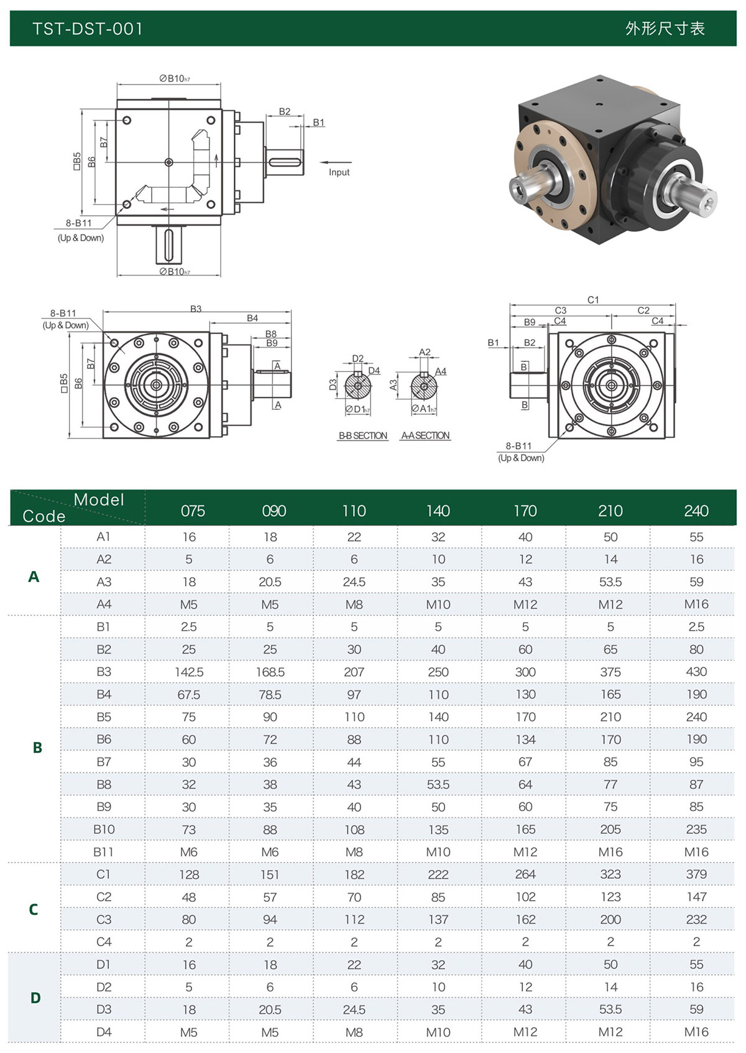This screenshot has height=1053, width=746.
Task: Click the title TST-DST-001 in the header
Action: pyautogui.click(x=88, y=29)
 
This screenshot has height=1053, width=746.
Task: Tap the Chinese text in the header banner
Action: pyautogui.click(x=665, y=29)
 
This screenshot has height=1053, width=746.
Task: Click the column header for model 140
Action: pyautogui.click(x=438, y=511)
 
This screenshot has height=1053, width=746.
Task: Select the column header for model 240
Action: pyautogui.click(x=696, y=511)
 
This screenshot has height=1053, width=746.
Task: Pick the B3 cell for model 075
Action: pyautogui.click(x=189, y=672)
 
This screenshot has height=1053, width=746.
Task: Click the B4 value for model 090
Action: pyautogui.click(x=270, y=694)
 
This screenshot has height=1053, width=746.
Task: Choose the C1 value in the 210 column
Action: pyautogui.click(x=610, y=874)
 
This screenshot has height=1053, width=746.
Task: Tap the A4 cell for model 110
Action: pyautogui.click(x=354, y=604)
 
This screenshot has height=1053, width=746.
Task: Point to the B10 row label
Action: pyautogui.click(x=104, y=829)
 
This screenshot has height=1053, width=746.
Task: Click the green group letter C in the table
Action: pyautogui.click(x=34, y=909)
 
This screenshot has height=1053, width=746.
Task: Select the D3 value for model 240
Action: pyautogui.click(x=696, y=1009)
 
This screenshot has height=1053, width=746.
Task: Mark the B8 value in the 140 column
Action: pyautogui.click(x=438, y=784)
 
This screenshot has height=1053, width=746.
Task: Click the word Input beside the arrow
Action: pyautogui.click(x=339, y=172)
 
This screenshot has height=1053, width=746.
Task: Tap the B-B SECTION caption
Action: pyautogui.click(x=363, y=435)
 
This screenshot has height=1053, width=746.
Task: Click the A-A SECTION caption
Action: pyautogui.click(x=426, y=435)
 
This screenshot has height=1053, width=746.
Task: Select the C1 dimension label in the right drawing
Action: pyautogui.click(x=593, y=300)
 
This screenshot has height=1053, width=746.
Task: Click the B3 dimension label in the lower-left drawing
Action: pyautogui.click(x=196, y=308)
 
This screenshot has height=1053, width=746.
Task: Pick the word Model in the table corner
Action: pyautogui.click(x=99, y=499)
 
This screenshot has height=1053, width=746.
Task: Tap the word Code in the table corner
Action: pyautogui.click(x=44, y=516)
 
